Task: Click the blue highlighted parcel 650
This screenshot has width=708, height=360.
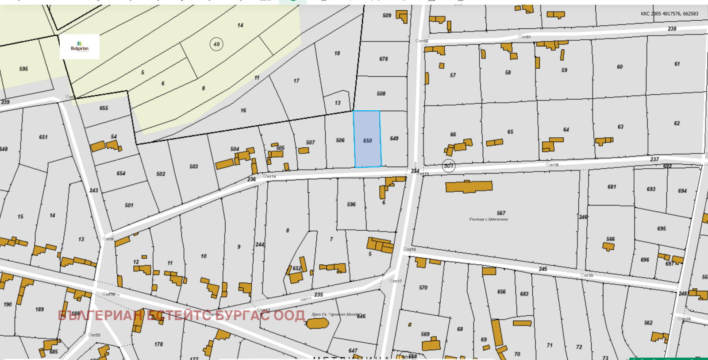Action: [367, 139]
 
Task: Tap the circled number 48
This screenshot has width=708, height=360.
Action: [216, 44]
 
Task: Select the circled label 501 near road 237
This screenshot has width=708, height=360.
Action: [449, 166]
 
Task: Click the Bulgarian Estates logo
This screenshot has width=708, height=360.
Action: [80, 47]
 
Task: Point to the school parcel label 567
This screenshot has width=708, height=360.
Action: [501, 213]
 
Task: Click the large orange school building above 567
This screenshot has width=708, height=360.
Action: [469, 186]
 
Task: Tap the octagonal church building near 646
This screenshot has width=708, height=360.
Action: [318, 323]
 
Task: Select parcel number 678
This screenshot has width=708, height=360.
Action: [384, 59]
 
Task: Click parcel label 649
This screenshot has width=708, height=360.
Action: [394, 139]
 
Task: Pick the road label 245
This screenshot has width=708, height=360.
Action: [543, 269]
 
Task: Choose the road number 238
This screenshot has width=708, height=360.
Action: [672, 29]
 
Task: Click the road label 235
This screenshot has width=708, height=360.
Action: [319, 294]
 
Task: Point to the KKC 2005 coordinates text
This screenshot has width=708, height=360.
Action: [670, 14]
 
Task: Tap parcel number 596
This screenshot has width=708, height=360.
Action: [351, 205]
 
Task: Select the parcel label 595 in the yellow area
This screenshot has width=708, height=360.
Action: [23, 69]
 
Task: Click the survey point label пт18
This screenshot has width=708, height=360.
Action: [554, 165]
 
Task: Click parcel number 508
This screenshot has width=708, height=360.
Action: [381, 94]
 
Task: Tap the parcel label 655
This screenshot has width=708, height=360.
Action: [104, 108]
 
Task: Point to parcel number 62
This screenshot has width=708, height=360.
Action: [677, 123]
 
